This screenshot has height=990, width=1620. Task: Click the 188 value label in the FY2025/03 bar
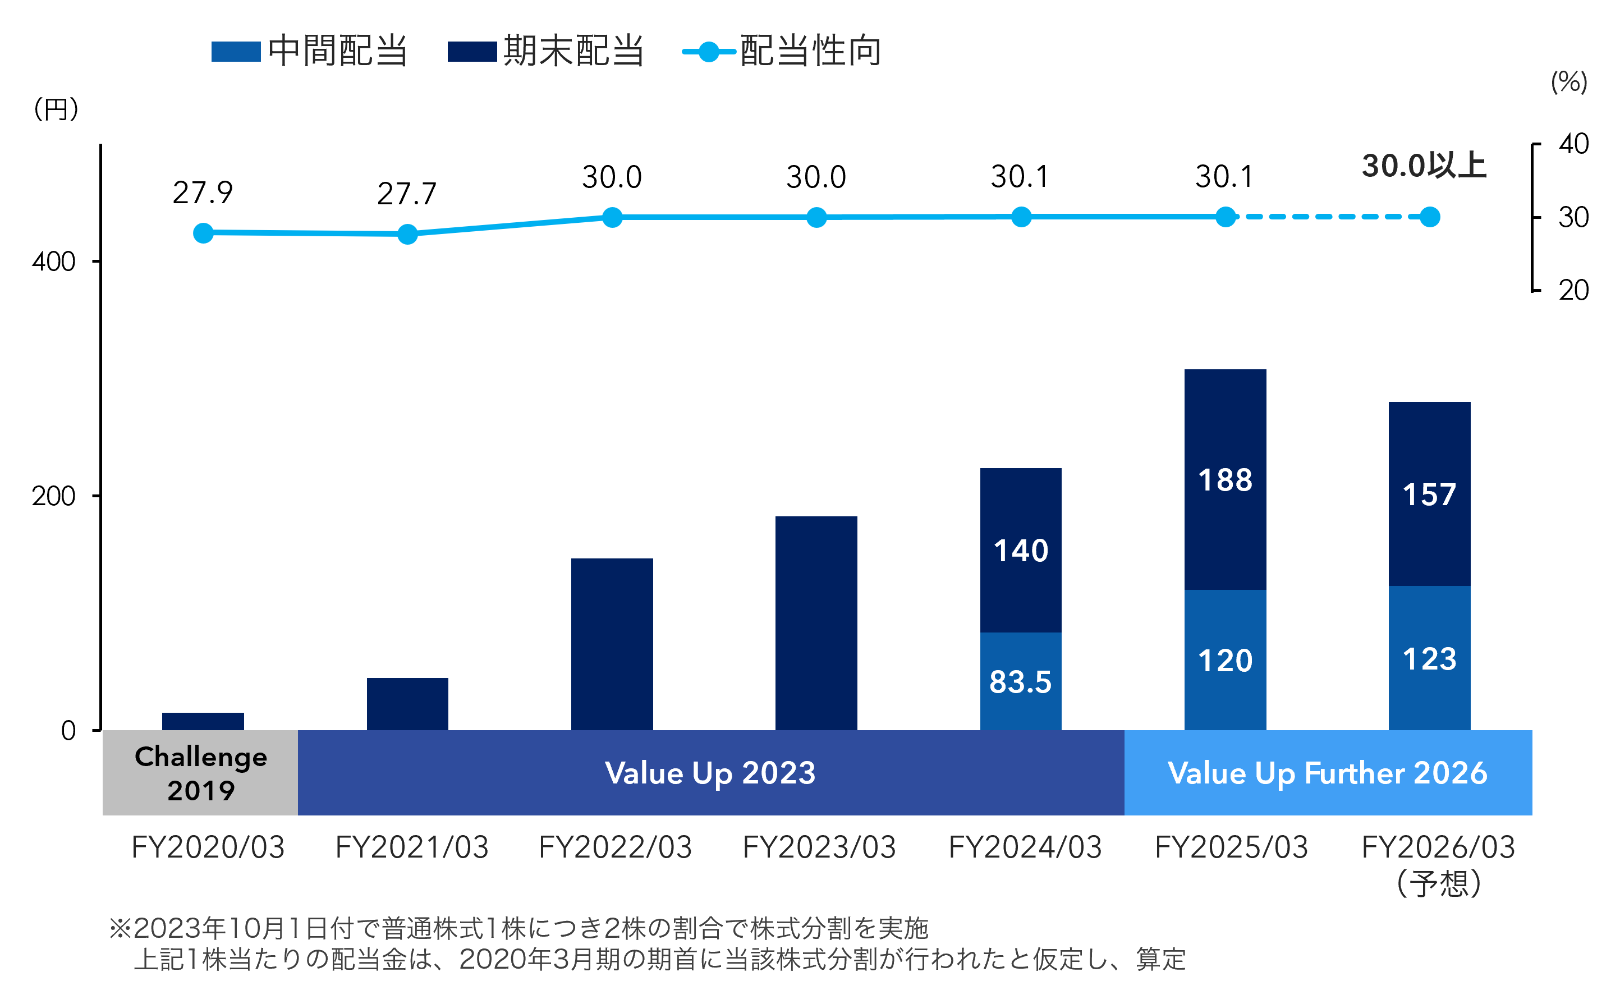(x=1225, y=480)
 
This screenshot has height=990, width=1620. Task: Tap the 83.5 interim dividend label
(x=1020, y=682)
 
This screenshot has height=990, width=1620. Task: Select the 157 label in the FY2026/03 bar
(x=1429, y=494)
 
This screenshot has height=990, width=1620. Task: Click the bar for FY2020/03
(x=203, y=721)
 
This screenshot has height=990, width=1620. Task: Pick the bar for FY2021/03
(x=407, y=703)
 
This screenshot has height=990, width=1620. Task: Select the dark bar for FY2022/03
(x=612, y=644)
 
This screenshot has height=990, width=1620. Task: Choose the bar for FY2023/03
(x=816, y=623)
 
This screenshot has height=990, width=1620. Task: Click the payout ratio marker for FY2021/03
(x=407, y=234)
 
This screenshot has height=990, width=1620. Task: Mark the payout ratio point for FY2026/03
(x=1430, y=217)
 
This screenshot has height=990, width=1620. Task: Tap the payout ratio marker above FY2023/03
(x=816, y=218)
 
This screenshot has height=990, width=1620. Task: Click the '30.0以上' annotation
(x=1424, y=166)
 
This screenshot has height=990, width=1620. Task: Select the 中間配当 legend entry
(x=309, y=51)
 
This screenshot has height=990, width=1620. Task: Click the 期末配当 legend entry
(x=545, y=51)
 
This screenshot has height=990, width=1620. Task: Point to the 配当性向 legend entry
(x=782, y=51)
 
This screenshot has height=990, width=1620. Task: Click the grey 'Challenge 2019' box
(x=200, y=772)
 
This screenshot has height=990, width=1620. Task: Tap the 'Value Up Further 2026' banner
(x=1328, y=772)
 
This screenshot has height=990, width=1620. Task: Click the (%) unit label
(x=1569, y=82)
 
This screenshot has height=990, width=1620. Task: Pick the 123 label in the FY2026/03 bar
(x=1429, y=659)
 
